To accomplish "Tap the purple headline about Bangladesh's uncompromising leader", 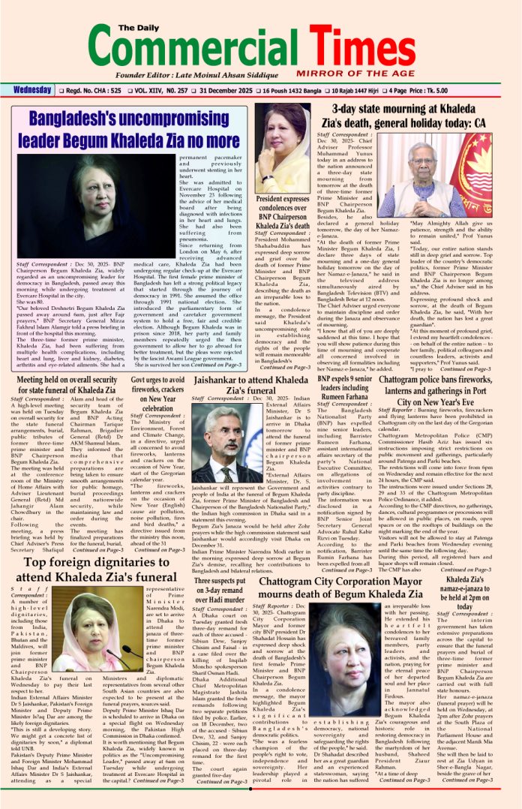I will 135,129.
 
